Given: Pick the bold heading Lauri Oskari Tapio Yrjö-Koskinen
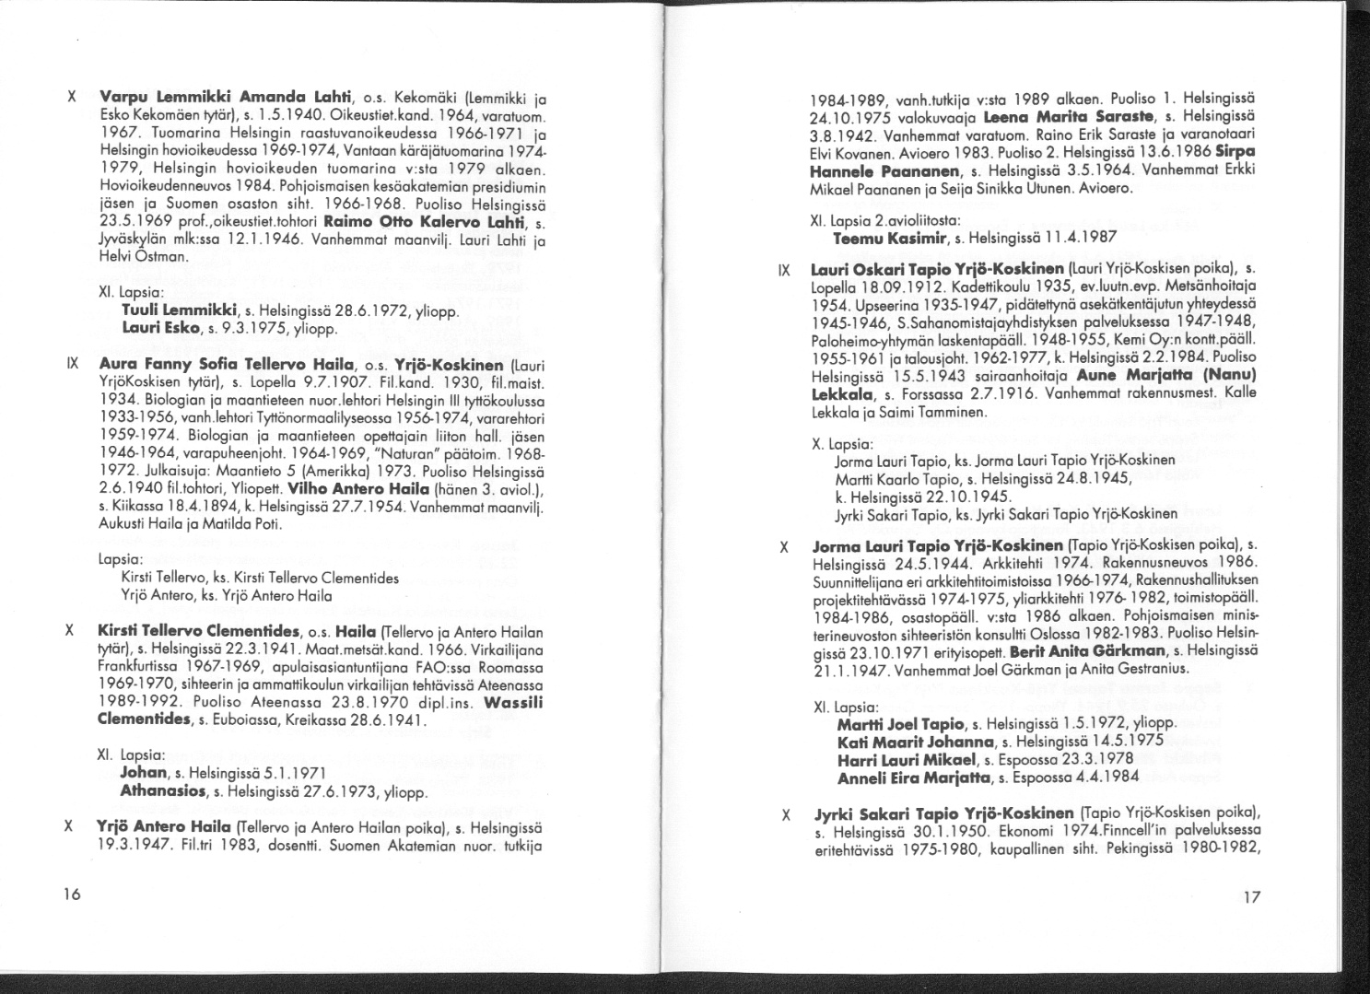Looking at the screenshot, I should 935,270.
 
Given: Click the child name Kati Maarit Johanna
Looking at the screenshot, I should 918,741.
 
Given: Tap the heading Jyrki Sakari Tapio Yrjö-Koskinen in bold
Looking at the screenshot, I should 943,813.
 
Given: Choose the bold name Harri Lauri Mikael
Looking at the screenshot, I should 907,759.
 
